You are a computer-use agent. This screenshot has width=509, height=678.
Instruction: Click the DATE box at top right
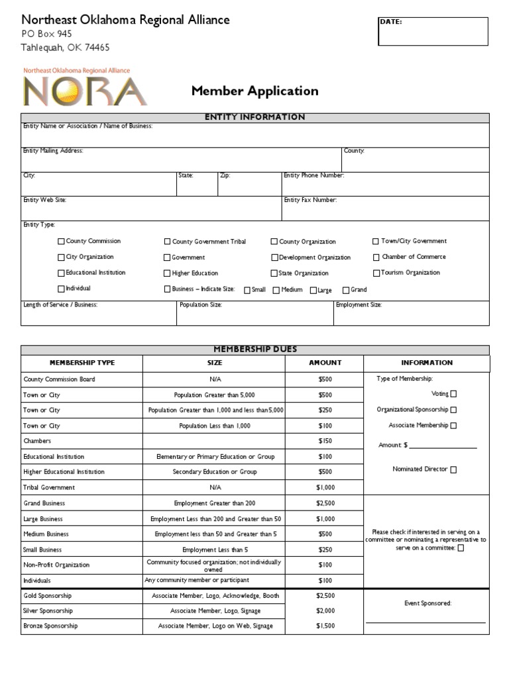tap(432, 32)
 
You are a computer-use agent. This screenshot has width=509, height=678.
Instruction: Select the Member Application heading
tap(254, 91)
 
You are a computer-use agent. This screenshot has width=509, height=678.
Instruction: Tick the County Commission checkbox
tap(62, 242)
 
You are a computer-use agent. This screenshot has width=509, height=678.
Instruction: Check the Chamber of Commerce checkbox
tap(376, 257)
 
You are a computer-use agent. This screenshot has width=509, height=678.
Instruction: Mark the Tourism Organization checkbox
tap(376, 273)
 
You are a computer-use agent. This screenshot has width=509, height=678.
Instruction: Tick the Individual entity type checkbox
tap(62, 289)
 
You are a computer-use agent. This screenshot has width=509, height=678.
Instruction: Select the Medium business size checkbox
tap(276, 290)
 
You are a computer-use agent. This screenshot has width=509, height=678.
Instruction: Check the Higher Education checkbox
tap(167, 273)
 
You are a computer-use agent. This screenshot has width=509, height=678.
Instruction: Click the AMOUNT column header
tap(325, 363)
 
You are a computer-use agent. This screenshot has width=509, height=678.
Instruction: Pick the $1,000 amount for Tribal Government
tap(325, 487)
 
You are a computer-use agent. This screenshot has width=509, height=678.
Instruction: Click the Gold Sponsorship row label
tap(48, 596)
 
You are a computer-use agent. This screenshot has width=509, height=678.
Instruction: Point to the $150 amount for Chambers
tap(325, 441)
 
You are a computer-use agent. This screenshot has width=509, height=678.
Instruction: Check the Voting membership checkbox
tap(453, 394)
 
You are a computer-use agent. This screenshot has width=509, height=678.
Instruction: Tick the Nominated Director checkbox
tap(453, 469)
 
